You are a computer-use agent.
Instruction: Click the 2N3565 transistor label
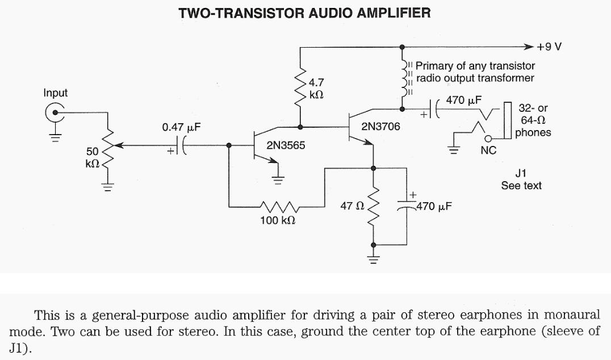click(x=286, y=145)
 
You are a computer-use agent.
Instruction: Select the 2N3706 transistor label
click(x=380, y=127)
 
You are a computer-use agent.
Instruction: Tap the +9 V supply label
click(x=550, y=47)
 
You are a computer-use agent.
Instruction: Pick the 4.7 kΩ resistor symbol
click(x=300, y=84)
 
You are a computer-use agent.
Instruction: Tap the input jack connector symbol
click(x=55, y=112)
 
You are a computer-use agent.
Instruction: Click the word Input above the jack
click(x=56, y=93)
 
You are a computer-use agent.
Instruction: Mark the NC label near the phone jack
click(x=488, y=151)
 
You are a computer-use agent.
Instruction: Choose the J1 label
click(x=521, y=174)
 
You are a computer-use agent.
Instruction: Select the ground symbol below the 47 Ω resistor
click(x=374, y=261)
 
